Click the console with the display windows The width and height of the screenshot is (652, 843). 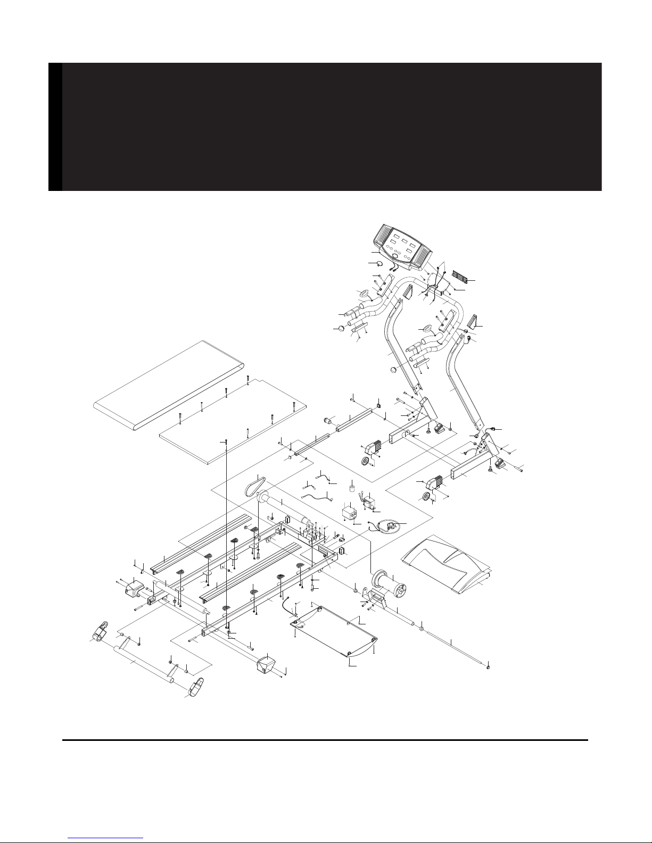[x=402, y=245]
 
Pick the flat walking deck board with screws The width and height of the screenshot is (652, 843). [x=234, y=420]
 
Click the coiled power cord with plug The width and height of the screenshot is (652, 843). [x=387, y=526]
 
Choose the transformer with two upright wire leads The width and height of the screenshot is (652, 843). [x=369, y=500]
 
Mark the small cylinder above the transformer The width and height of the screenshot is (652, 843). [x=352, y=488]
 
